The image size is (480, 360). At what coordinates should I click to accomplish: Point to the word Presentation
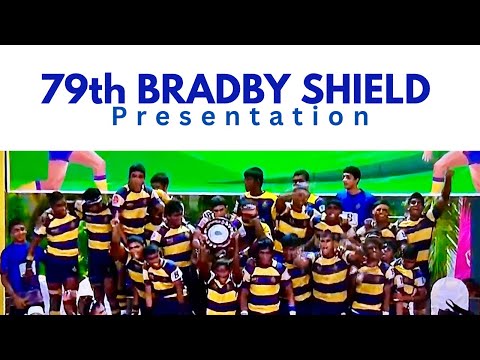240,117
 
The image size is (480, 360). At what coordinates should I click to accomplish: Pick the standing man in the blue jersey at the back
352,196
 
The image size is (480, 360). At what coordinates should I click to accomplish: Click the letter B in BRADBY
148,91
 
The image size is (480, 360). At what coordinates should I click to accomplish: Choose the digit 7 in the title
53,91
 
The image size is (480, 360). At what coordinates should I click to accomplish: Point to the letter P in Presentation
120,117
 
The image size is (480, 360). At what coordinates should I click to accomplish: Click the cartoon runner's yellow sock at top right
437,183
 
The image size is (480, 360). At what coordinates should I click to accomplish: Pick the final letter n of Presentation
362,117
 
